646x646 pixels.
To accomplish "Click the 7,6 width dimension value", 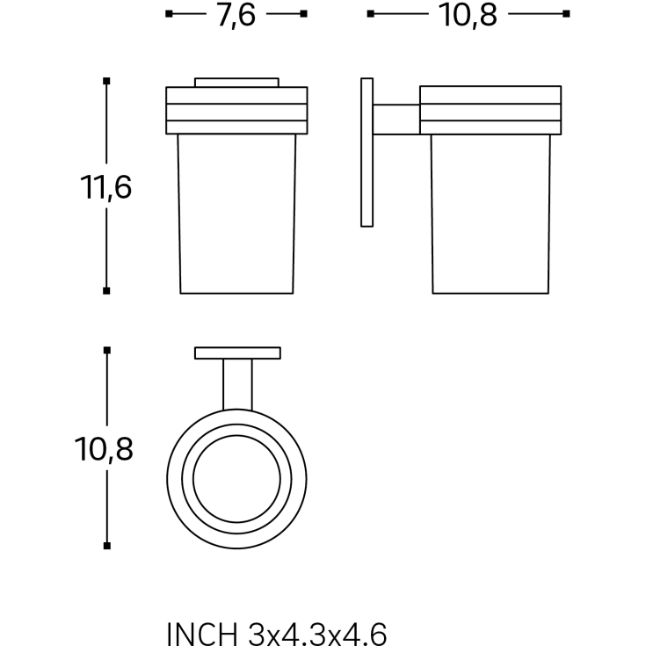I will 236,15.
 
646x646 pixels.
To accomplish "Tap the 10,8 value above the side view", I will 468,15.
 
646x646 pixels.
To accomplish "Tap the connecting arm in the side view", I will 397,120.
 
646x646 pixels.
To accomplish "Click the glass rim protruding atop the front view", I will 237,83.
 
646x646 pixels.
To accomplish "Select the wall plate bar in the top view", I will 237,353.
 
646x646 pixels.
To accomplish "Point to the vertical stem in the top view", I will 237,384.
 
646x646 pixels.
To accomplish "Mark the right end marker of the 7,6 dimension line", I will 304,14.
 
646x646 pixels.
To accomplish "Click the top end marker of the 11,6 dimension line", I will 106,82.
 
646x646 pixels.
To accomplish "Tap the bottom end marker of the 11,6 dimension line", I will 106,290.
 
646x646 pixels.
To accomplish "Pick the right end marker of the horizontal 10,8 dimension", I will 566,14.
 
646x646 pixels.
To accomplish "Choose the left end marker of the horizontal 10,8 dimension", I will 371,14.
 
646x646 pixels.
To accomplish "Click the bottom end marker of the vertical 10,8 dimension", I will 106,546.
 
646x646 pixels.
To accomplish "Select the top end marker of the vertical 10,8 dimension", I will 106,350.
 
